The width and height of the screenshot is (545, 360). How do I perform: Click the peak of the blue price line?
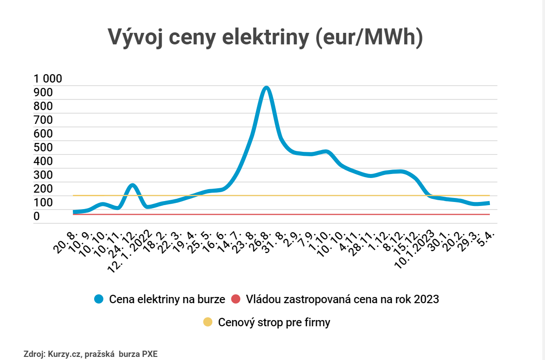click(266, 88)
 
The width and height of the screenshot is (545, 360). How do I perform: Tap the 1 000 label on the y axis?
click(48, 79)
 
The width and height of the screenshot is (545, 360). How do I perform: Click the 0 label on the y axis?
click(37, 217)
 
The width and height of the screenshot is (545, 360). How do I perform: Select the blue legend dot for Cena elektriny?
click(99, 299)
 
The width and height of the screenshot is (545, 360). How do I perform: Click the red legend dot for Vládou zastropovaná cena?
click(236, 299)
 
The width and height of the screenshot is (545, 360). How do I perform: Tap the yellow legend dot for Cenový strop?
click(208, 322)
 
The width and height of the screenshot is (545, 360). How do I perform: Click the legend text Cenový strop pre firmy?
click(274, 322)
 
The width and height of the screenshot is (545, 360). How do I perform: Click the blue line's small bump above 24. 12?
click(132, 185)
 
